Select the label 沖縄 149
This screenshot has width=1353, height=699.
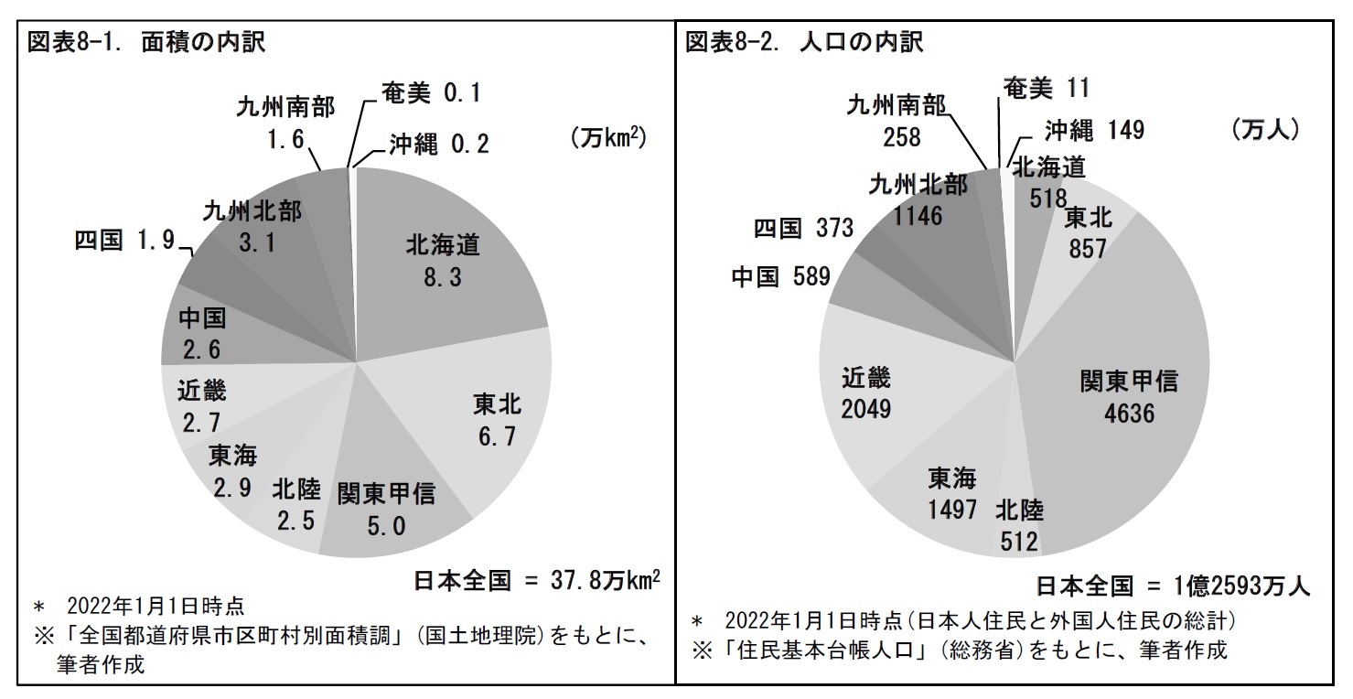1093,131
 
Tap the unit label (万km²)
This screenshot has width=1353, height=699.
608,137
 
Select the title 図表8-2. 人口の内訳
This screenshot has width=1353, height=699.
804,43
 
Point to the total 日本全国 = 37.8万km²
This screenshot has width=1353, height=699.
537,581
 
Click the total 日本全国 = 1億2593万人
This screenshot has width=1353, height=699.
1173,586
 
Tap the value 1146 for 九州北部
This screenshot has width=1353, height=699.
918,216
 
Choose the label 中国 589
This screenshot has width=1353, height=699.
779,277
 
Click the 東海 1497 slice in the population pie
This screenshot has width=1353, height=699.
951,494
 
